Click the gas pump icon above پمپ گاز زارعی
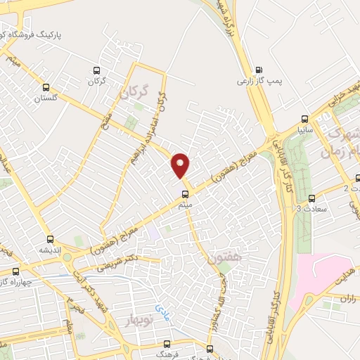pyautogui.click(x=259, y=70)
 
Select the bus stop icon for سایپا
pyautogui.click(x=304, y=118)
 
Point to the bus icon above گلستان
pyautogui.click(x=46, y=87)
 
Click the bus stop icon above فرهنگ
pyautogui.click(x=167, y=344)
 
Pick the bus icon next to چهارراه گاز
pyautogui.click(x=15, y=270)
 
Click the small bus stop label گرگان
pyautogui.click(x=97, y=82)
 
